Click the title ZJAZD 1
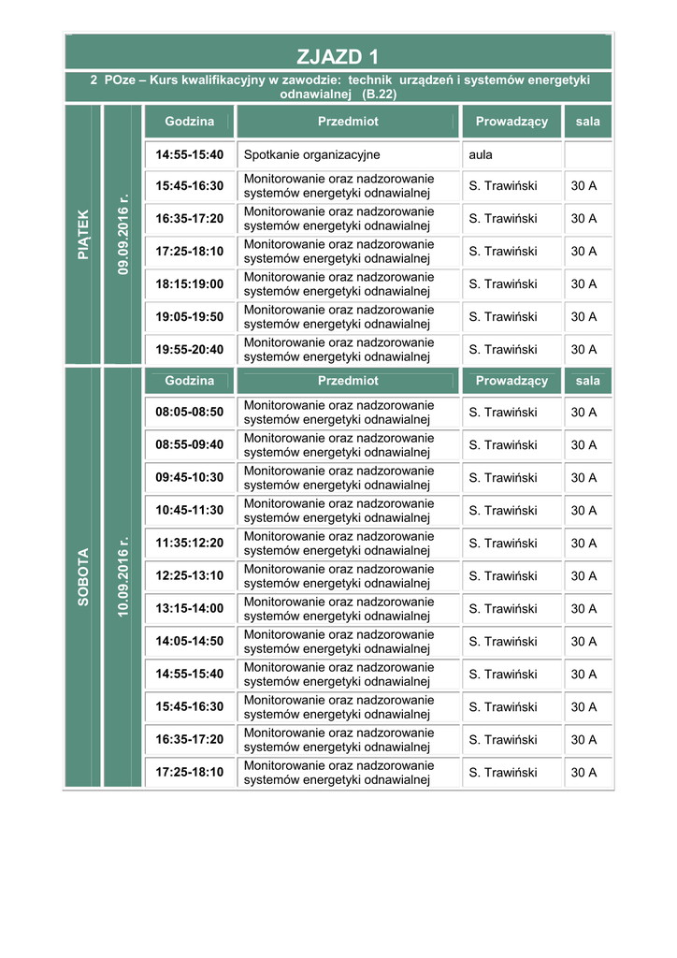(338, 56)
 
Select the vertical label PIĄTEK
(83, 234)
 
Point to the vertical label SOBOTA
(83, 576)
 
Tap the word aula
(481, 154)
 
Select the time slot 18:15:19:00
(190, 284)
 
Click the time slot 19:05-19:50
(190, 317)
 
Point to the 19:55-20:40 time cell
(190, 350)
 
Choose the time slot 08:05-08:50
(190, 413)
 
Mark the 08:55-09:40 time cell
(190, 445)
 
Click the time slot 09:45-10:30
(190, 478)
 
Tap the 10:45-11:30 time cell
(190, 511)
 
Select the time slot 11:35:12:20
(190, 544)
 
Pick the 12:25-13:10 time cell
(190, 576)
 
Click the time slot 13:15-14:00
(190, 609)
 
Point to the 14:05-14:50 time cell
(190, 642)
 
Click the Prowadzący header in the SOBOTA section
(511, 381)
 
